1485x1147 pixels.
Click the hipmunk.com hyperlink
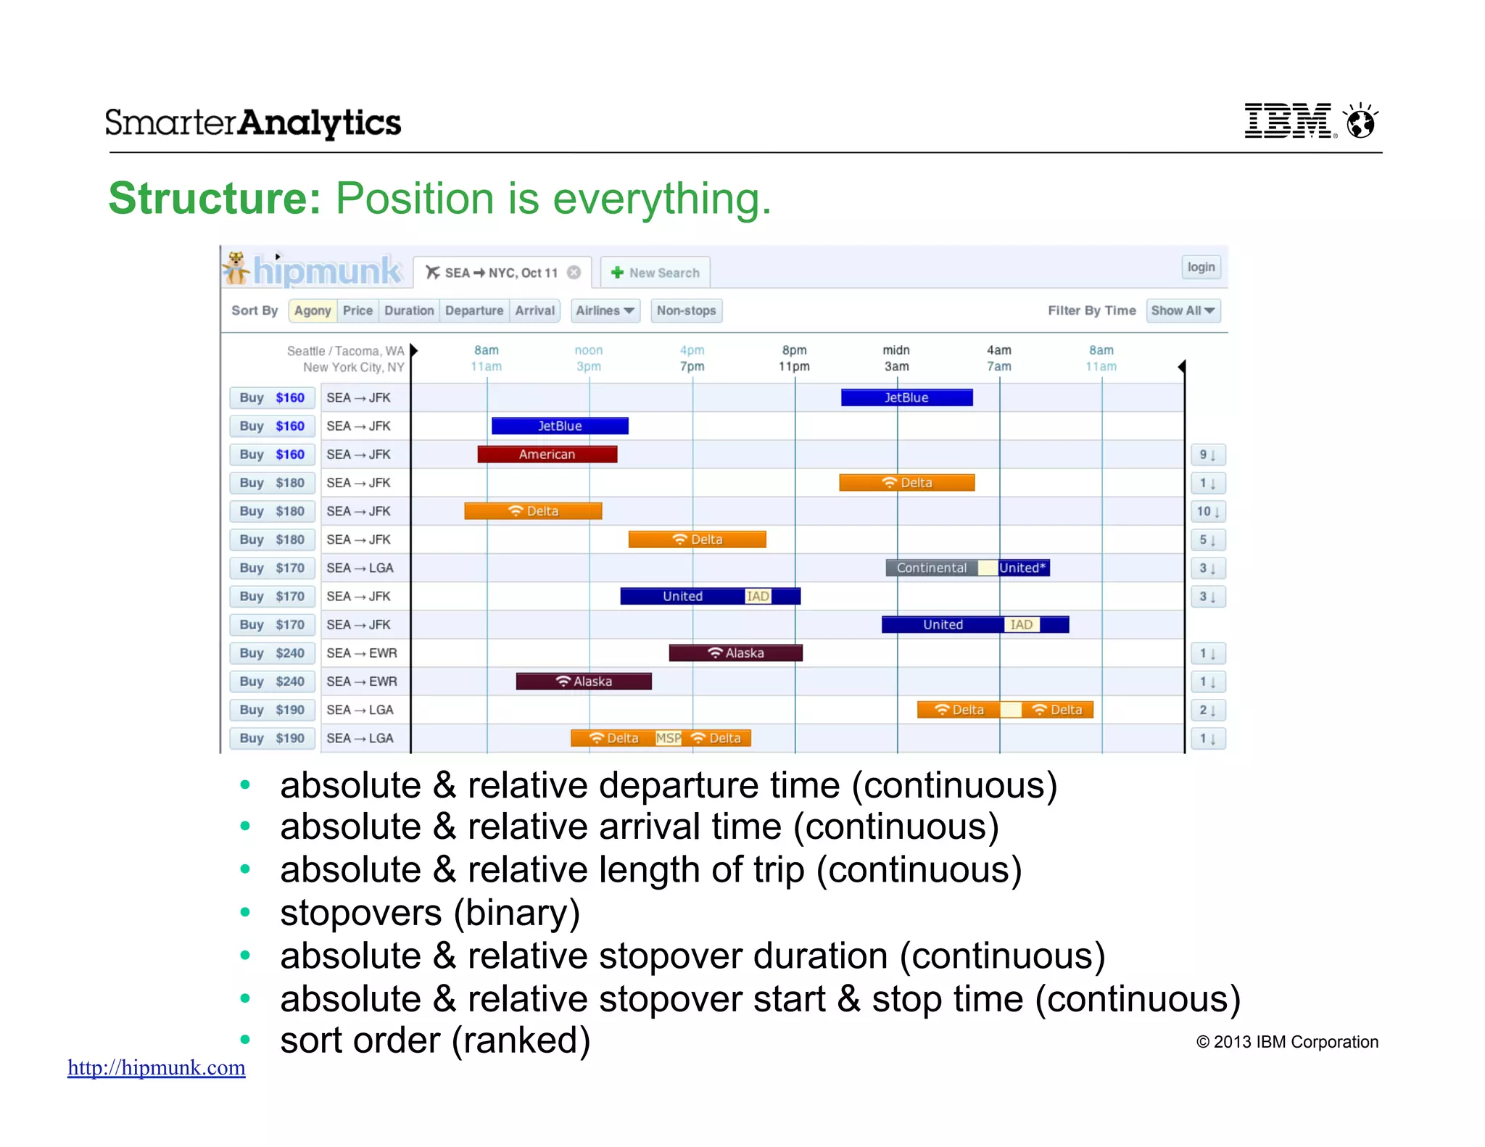point(157,1067)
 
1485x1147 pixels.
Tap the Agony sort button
point(313,310)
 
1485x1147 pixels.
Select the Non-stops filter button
point(686,310)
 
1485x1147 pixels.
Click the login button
point(1201,267)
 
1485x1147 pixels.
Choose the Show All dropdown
point(1183,310)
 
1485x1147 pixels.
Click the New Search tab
point(655,273)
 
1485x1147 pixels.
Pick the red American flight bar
point(547,455)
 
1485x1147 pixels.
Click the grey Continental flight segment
point(931,568)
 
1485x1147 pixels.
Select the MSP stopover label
point(668,738)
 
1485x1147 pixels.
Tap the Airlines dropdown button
point(605,310)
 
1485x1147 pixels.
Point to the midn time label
point(896,350)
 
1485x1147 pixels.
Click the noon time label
point(588,350)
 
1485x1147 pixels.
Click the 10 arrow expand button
point(1207,511)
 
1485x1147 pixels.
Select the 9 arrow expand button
point(1207,455)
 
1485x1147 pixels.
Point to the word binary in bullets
point(516,912)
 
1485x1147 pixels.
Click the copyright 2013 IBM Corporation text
point(1286,1042)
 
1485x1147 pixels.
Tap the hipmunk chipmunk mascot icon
point(236,268)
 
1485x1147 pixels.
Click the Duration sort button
point(409,310)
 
